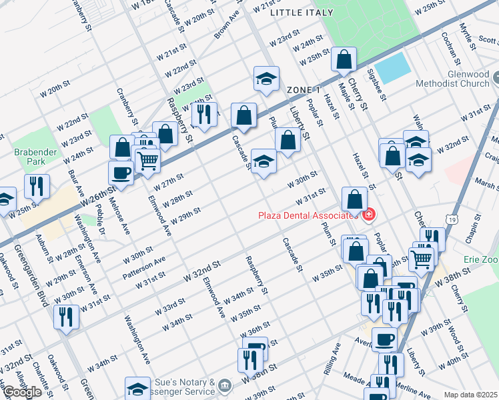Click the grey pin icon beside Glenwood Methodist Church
tap(494, 75)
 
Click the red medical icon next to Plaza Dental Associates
tap(368, 215)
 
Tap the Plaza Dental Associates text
tap(310, 215)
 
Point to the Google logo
tap(22, 391)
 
